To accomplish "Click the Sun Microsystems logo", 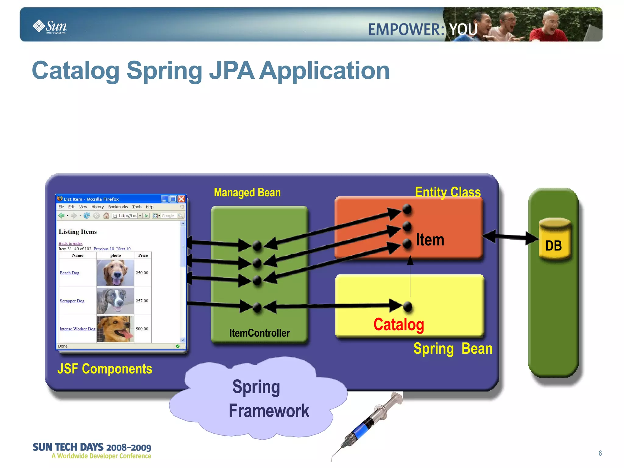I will point(50,27).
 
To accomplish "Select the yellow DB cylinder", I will point(554,239).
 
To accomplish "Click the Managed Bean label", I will point(247,192).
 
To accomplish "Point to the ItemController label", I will point(259,333).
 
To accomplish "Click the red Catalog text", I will point(399,324).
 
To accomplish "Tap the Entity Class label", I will point(448,192).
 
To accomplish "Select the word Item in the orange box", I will point(430,240).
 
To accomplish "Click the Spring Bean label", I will point(452,348).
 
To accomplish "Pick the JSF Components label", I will point(105,369).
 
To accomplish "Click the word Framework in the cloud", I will point(269,411).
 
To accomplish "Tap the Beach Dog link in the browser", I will point(69,273).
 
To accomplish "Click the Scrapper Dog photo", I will point(115,301).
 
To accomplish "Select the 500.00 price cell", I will point(142,329).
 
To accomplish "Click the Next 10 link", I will point(123,249).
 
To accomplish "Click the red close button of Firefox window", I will point(182,199).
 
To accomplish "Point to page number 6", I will point(600,453).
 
